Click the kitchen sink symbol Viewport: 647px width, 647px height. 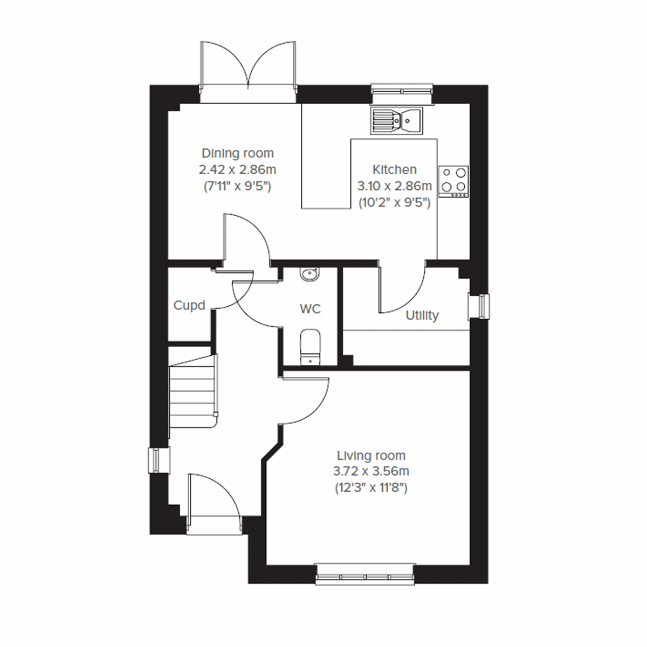[x=397, y=120]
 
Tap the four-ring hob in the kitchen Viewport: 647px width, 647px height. [x=453, y=181]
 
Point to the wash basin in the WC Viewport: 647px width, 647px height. [x=310, y=274]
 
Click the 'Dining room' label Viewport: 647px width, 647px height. [x=237, y=153]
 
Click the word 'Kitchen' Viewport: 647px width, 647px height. [x=395, y=169]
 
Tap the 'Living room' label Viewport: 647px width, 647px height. [x=371, y=455]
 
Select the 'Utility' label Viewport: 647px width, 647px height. [x=422, y=315]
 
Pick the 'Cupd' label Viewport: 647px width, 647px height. [x=189, y=305]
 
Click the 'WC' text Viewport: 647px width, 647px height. [x=310, y=309]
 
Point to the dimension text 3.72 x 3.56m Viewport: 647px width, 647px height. [x=371, y=471]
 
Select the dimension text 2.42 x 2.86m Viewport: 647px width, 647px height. [x=237, y=170]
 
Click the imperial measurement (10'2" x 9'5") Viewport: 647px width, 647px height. [x=395, y=203]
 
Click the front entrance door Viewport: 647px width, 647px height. [x=213, y=499]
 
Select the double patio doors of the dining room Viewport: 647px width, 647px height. [x=248, y=70]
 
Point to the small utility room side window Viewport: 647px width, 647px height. [x=479, y=306]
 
